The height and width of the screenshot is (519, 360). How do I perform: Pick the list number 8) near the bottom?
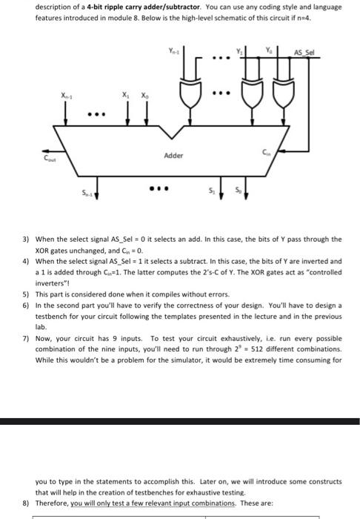click(25, 502)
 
